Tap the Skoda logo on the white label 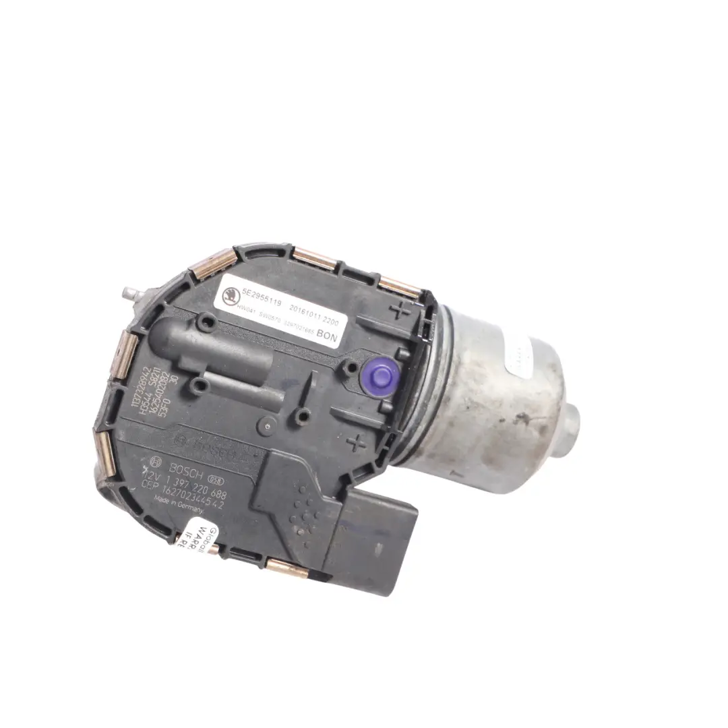coord(230,295)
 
